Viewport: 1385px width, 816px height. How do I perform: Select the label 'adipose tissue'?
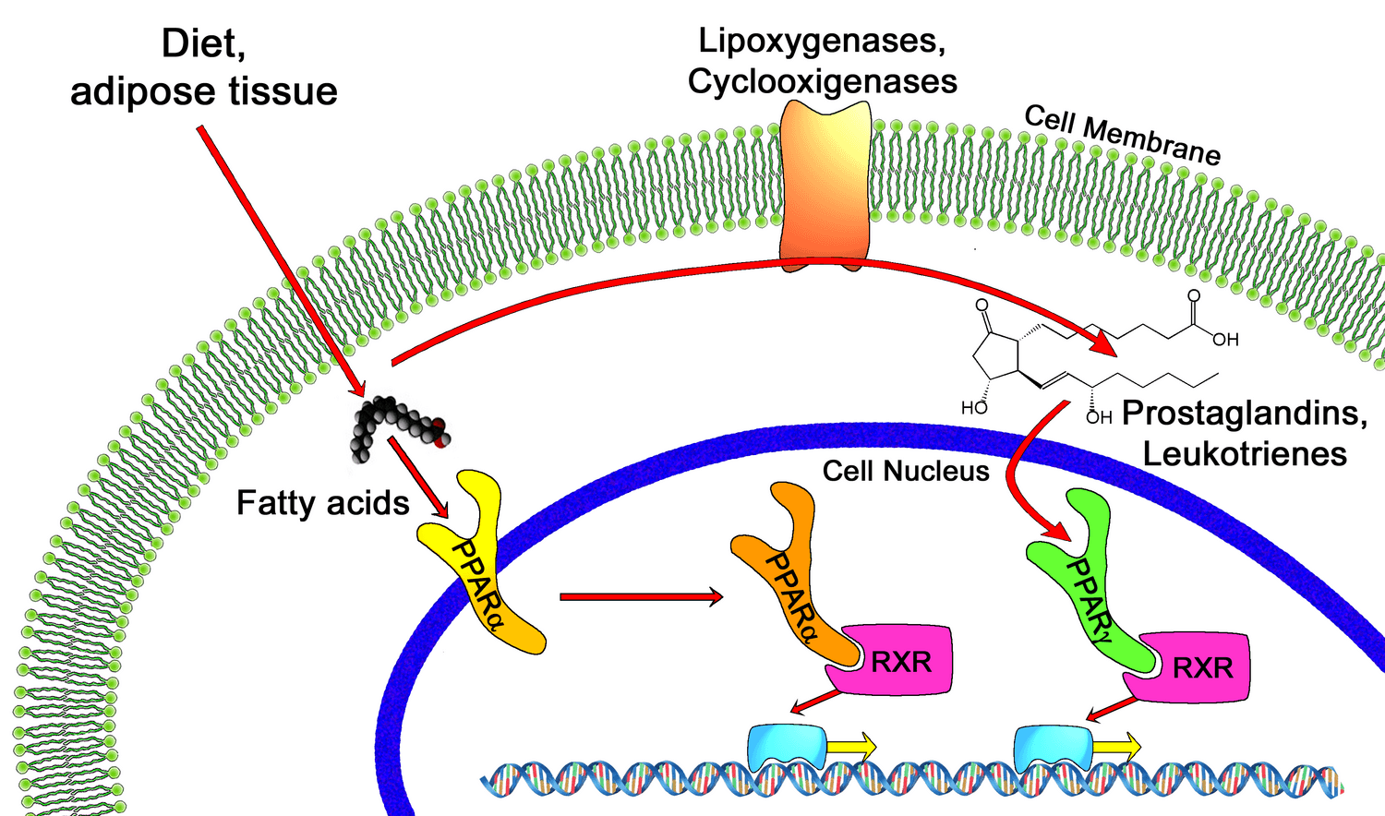pyautogui.click(x=204, y=91)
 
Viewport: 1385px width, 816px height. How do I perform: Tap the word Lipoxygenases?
pyautogui.click(x=821, y=41)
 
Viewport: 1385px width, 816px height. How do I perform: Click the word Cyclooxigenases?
pyautogui.click(x=822, y=81)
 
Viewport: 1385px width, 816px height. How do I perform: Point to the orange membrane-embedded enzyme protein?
pyautogui.click(x=825, y=185)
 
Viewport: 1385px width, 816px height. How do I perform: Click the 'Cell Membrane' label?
pyautogui.click(x=1122, y=136)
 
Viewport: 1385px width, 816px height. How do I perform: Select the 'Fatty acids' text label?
pyautogui.click(x=322, y=503)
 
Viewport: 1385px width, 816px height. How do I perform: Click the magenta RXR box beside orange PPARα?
pyautogui.click(x=900, y=661)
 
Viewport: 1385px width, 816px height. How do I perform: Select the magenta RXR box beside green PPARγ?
pyautogui.click(x=1200, y=667)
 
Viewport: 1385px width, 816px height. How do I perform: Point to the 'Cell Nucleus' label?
pyautogui.click(x=905, y=472)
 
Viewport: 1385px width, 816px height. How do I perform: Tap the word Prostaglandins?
pyautogui.click(x=1244, y=413)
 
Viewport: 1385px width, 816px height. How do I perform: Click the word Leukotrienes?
pyautogui.click(x=1244, y=454)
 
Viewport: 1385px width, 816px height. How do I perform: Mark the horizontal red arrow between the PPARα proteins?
pyautogui.click(x=641, y=597)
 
